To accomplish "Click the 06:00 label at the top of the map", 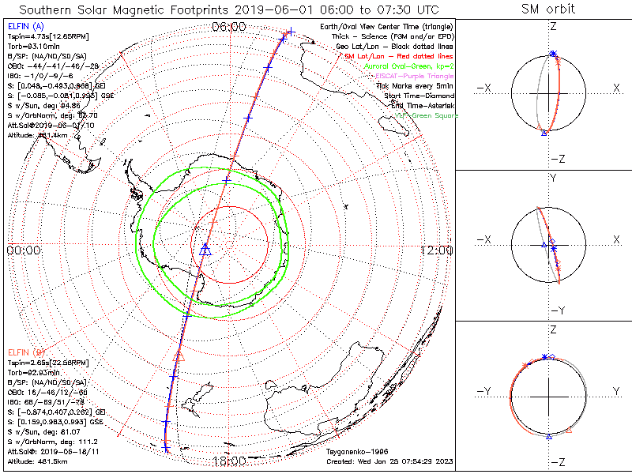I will tap(229, 27).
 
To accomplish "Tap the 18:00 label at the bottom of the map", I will tap(229, 461).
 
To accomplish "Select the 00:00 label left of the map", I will tap(23, 250).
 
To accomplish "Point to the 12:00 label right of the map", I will tap(436, 250).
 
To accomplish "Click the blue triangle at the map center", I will tap(205, 250).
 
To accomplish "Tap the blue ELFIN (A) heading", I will tap(24, 27).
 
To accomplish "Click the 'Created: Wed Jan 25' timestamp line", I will tap(389, 461).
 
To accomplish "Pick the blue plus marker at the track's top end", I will tap(291, 32).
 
